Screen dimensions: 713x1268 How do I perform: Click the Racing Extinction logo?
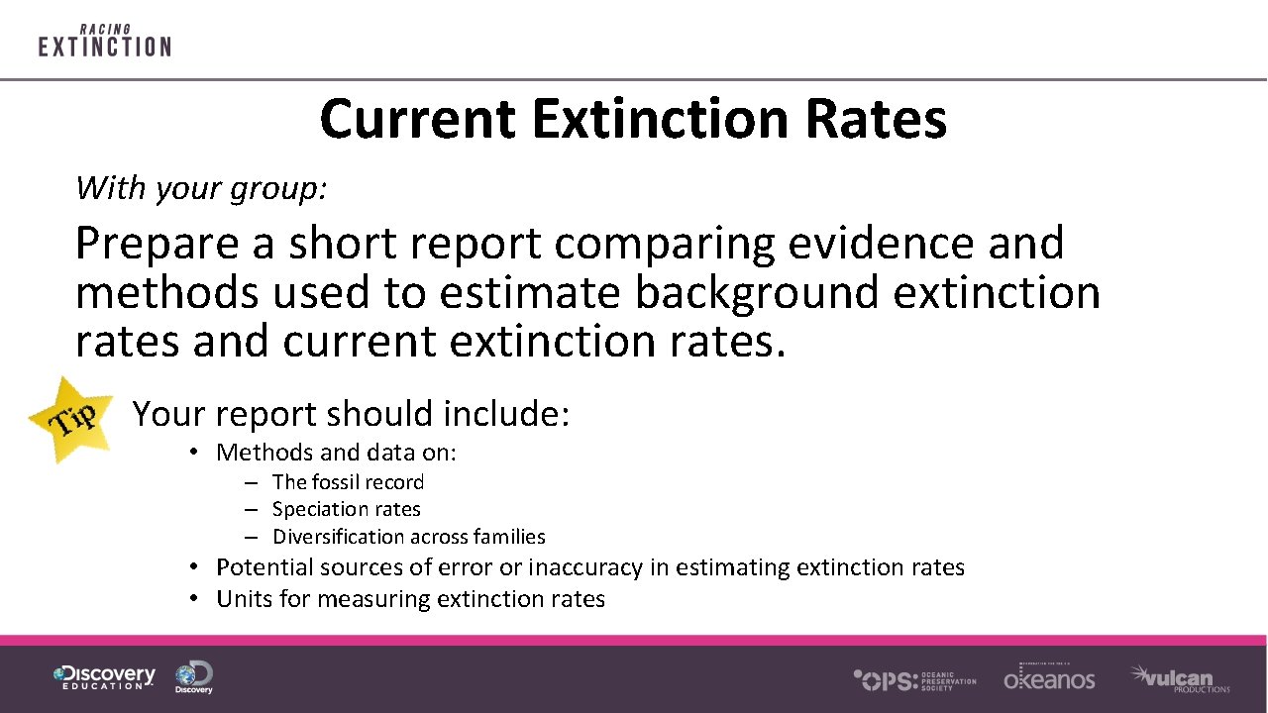pyautogui.click(x=104, y=41)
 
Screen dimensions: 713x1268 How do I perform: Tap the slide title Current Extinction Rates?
pyautogui.click(x=633, y=119)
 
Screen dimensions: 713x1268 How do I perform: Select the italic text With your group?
pyautogui.click(x=201, y=187)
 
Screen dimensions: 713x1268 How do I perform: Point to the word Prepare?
pyautogui.click(x=157, y=244)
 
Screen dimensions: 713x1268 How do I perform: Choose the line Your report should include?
pyautogui.click(x=351, y=414)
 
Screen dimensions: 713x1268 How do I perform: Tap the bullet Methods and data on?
pyautogui.click(x=336, y=453)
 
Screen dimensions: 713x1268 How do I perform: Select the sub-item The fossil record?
pyautogui.click(x=348, y=482)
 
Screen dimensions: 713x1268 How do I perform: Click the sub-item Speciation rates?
pyautogui.click(x=346, y=509)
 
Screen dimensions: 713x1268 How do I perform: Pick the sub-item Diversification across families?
pyautogui.click(x=408, y=537)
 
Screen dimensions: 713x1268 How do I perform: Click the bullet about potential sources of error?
pyautogui.click(x=589, y=567)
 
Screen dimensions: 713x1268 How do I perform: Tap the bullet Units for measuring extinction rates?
pyautogui.click(x=410, y=599)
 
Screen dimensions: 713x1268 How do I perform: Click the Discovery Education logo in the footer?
pyautogui.click(x=104, y=677)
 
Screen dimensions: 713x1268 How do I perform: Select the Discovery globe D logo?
pyautogui.click(x=194, y=677)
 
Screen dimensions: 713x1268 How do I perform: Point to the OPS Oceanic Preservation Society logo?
pyautogui.click(x=914, y=679)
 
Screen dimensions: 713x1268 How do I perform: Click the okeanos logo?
pyautogui.click(x=1049, y=677)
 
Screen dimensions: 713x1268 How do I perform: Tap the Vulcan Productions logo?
pyautogui.click(x=1180, y=678)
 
